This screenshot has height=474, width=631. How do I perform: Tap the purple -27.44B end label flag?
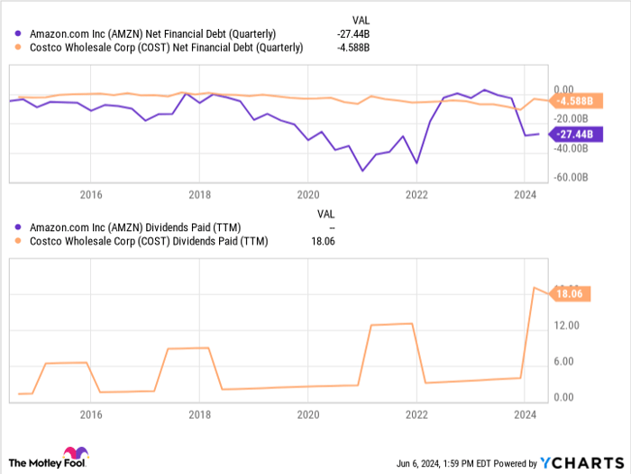coord(573,135)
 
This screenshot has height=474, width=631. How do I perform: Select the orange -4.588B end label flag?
coord(572,101)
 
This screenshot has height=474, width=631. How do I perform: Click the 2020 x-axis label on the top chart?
coord(307,193)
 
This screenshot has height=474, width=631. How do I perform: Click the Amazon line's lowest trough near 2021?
coord(363,171)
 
